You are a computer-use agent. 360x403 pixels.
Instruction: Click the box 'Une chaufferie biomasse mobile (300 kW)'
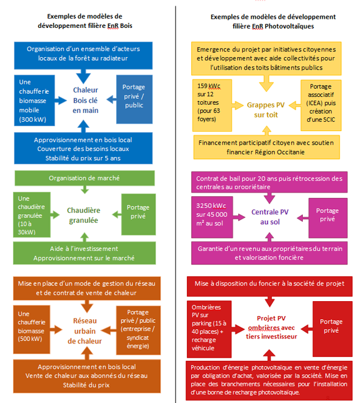35,99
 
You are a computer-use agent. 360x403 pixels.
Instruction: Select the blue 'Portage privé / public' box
134,99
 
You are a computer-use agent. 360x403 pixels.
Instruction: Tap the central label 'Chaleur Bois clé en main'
85,99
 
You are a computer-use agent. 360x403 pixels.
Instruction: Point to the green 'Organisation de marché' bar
85,178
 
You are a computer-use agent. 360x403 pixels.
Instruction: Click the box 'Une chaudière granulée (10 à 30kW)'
32,214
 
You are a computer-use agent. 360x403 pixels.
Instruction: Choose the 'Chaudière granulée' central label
84,215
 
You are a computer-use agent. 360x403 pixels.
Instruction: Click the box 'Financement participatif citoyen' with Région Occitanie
266,147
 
